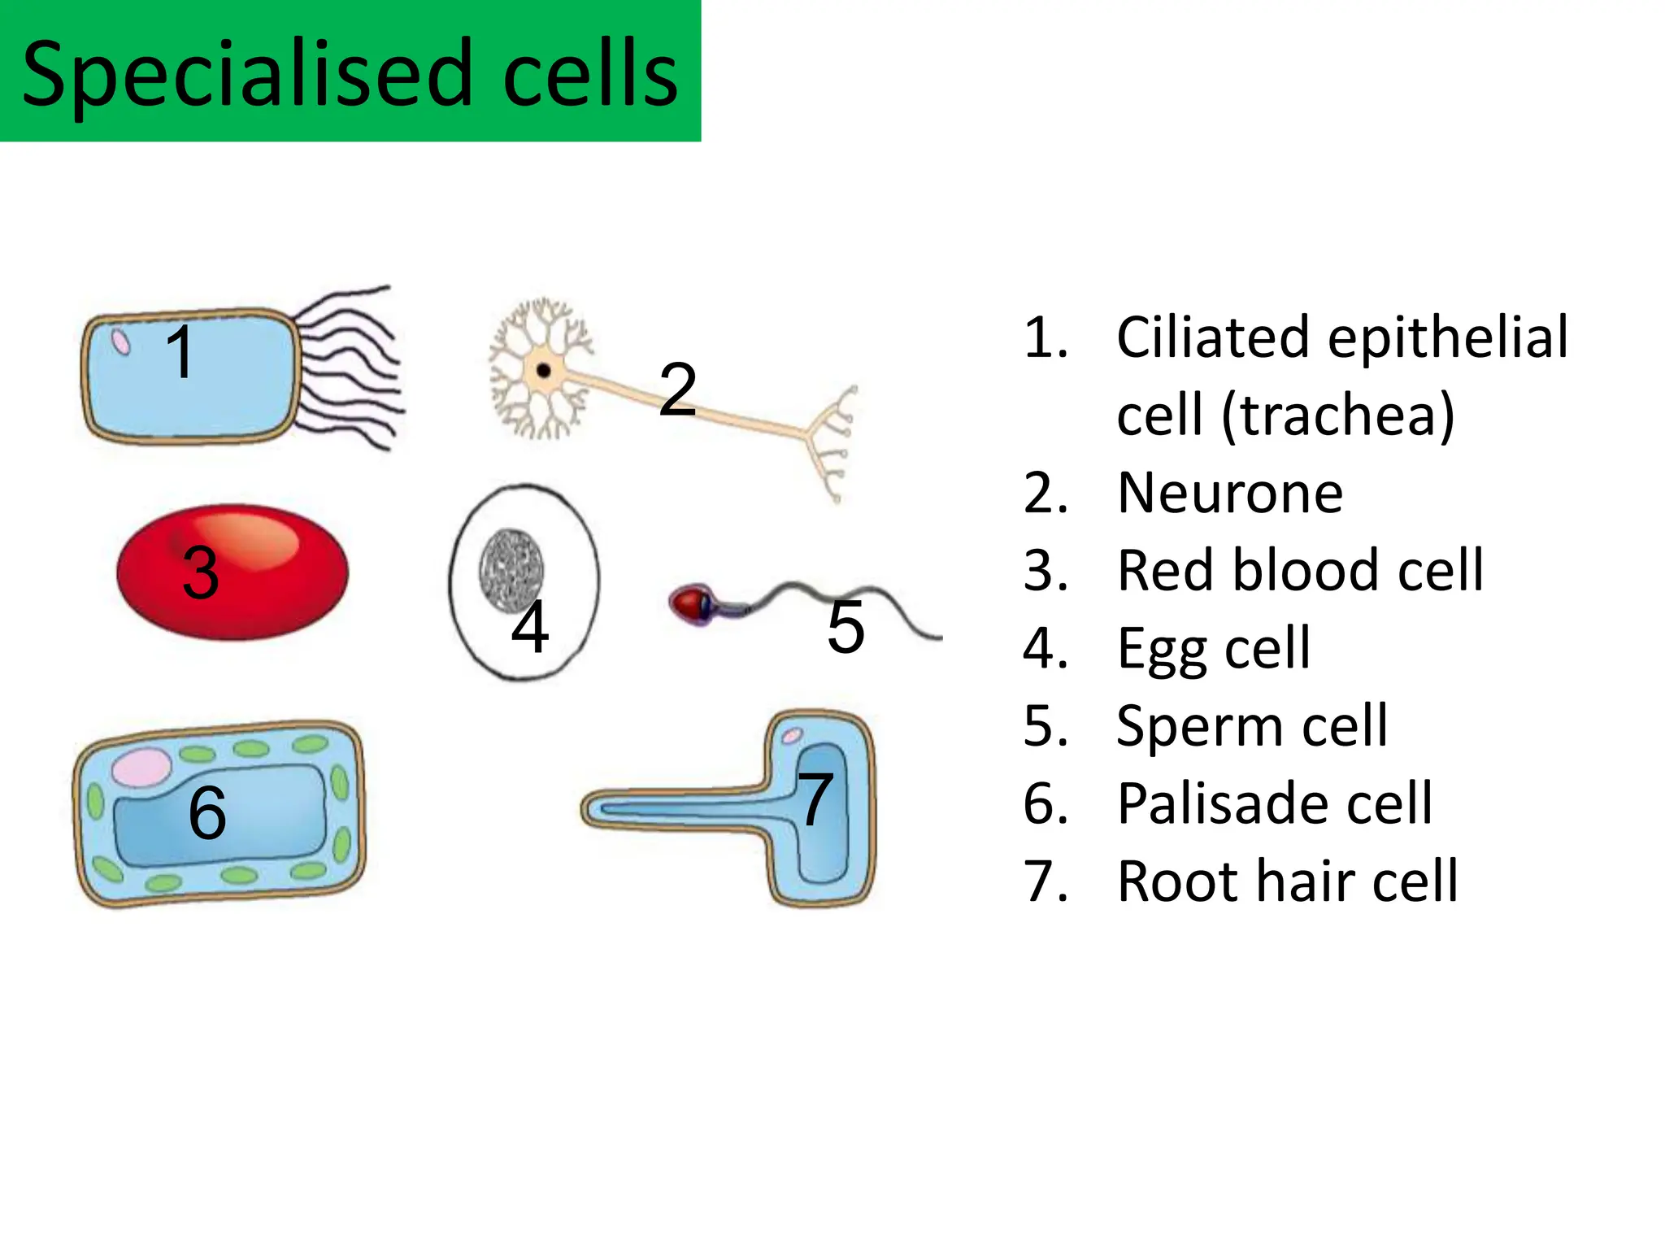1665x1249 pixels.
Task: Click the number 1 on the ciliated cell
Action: click(180, 351)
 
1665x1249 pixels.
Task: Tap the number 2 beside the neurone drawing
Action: click(677, 389)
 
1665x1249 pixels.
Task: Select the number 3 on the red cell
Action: click(201, 572)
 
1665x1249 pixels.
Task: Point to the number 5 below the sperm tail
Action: click(846, 627)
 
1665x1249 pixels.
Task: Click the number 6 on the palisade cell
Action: click(207, 812)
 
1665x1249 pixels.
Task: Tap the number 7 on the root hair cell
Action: click(815, 799)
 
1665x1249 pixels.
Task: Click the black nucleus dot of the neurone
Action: click(544, 372)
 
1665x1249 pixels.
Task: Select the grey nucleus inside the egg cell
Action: click(511, 568)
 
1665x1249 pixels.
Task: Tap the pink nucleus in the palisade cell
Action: click(141, 767)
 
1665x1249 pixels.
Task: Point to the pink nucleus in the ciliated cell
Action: click(121, 342)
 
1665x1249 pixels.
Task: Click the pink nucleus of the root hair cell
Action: click(791, 737)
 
